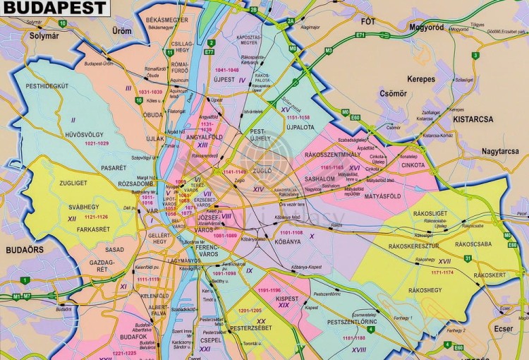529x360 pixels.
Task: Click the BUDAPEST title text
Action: click(x=54, y=8)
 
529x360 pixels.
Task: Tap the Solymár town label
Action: click(x=35, y=35)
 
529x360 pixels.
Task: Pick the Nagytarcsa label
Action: click(x=490, y=151)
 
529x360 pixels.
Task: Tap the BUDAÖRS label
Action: click(x=25, y=250)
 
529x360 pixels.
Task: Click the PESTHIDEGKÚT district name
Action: click(x=47, y=86)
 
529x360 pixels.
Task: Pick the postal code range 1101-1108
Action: click(x=291, y=232)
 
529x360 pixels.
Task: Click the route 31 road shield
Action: click(x=468, y=258)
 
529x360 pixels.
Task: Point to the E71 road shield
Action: click(x=360, y=35)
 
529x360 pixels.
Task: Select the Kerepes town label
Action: click(x=421, y=79)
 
